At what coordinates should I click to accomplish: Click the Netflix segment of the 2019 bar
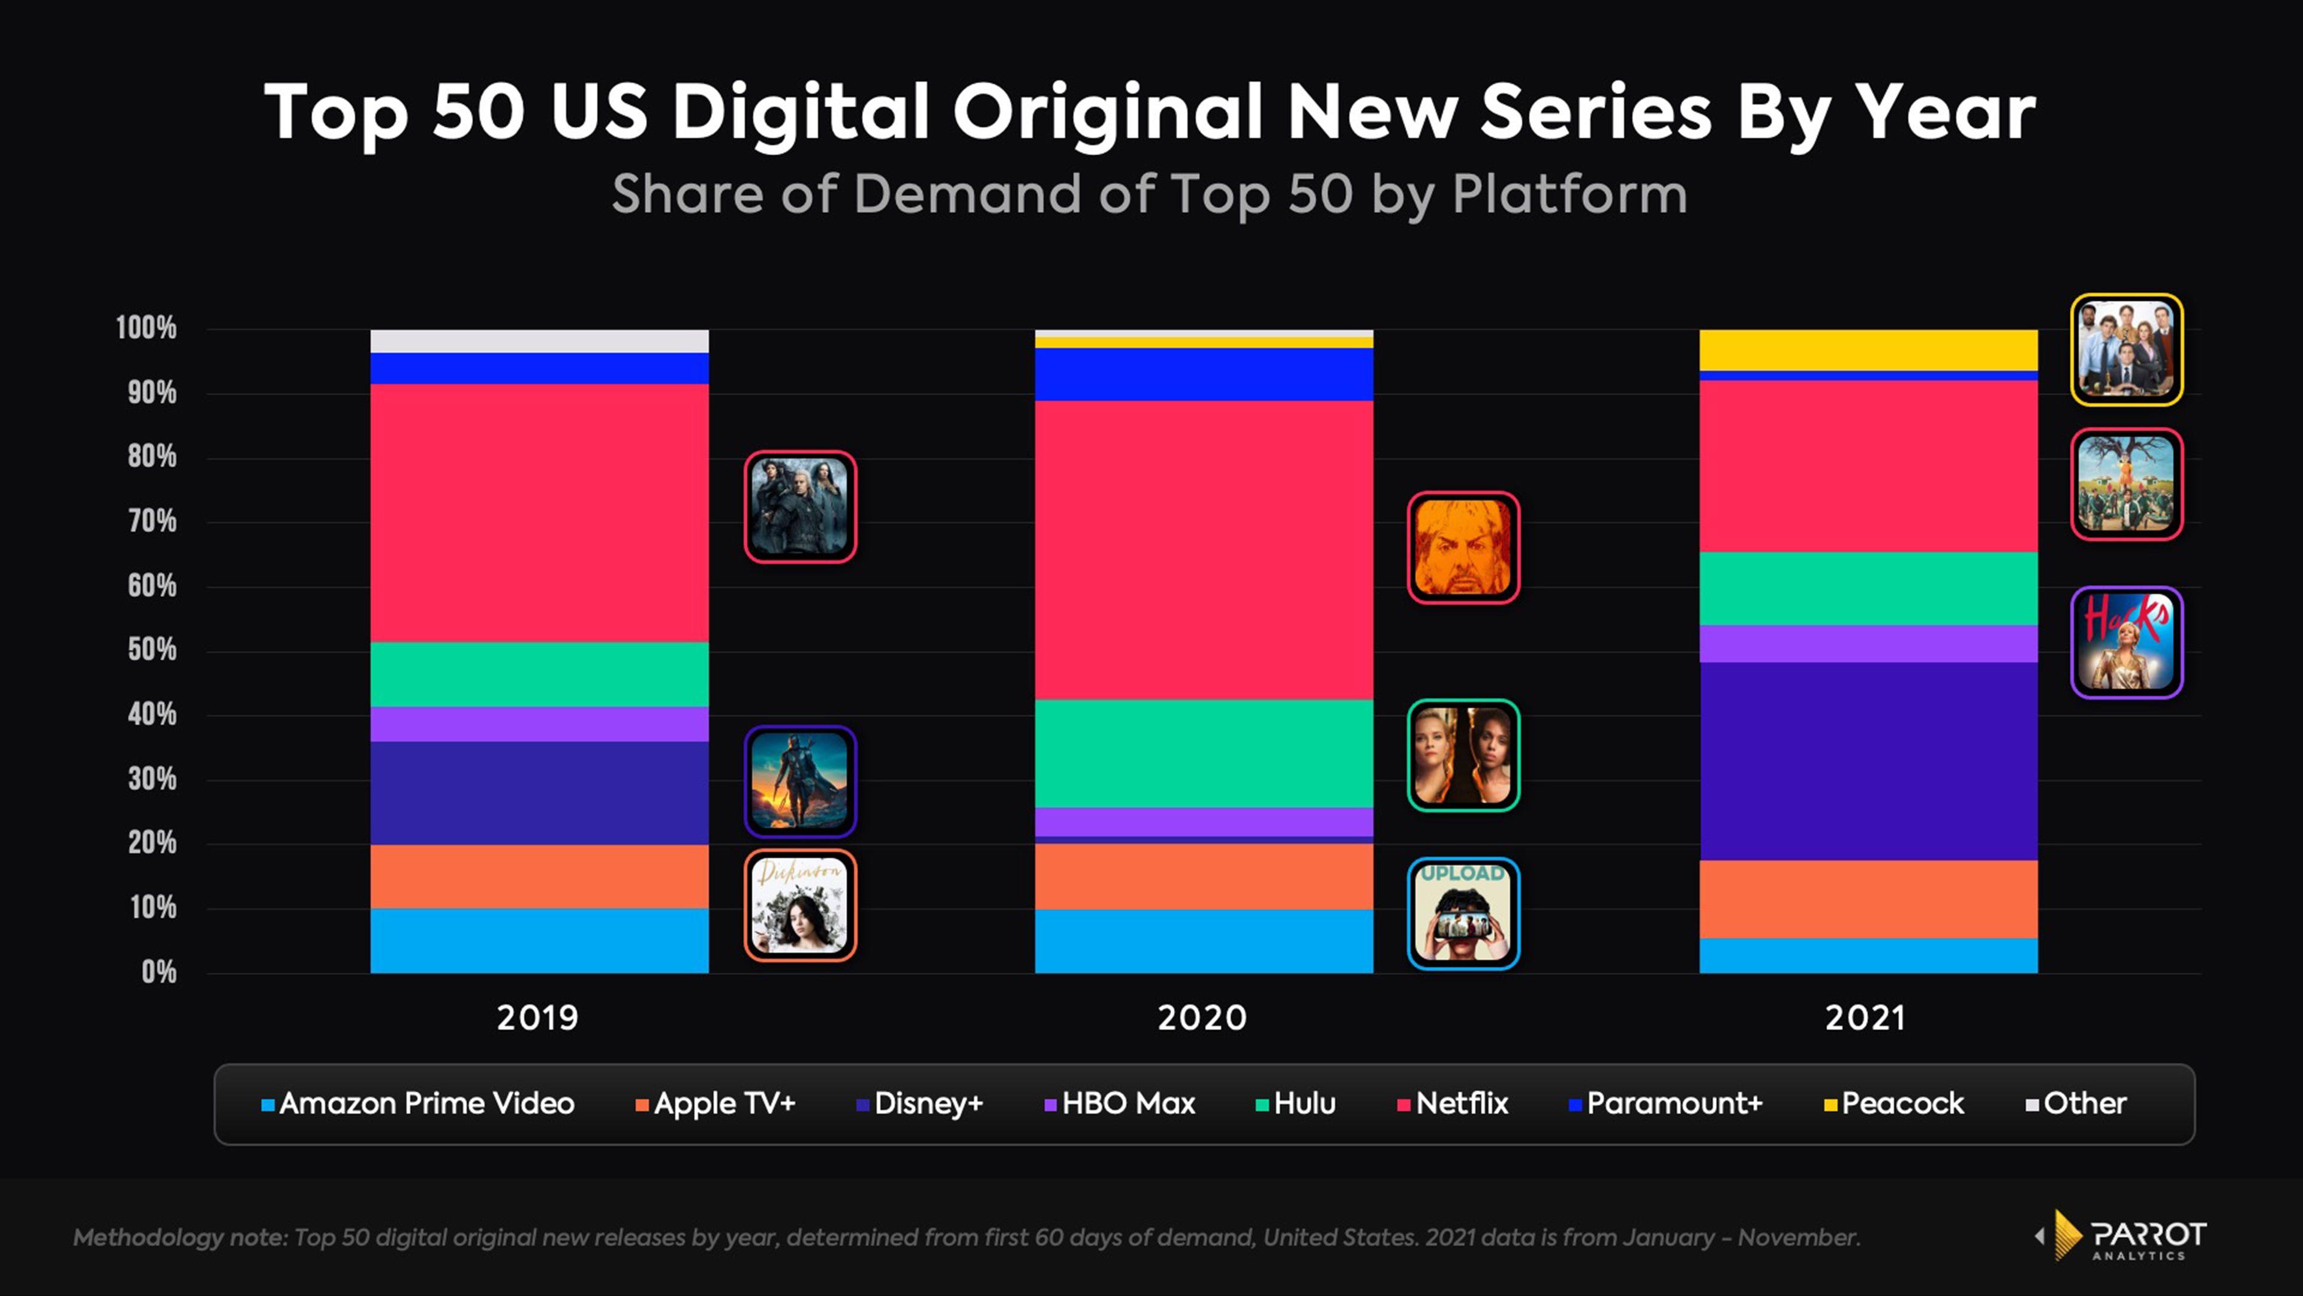[539, 512]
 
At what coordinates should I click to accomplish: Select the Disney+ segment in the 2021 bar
[1868, 761]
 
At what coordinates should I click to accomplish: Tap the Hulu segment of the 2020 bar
[1203, 753]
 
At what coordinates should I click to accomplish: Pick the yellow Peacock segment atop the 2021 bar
[1868, 350]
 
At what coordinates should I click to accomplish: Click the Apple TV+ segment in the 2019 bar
[539, 877]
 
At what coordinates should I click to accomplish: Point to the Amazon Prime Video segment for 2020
[1203, 941]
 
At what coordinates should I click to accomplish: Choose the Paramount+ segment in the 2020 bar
[1203, 374]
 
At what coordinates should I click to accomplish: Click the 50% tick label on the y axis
[152, 650]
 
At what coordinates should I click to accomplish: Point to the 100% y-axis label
[146, 328]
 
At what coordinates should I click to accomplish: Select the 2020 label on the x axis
[1201, 1018]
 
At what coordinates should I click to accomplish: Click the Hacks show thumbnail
[2126, 642]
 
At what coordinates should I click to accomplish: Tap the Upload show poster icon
[1463, 913]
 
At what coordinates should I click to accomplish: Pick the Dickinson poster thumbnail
[800, 905]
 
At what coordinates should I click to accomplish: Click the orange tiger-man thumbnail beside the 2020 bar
[1463, 547]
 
